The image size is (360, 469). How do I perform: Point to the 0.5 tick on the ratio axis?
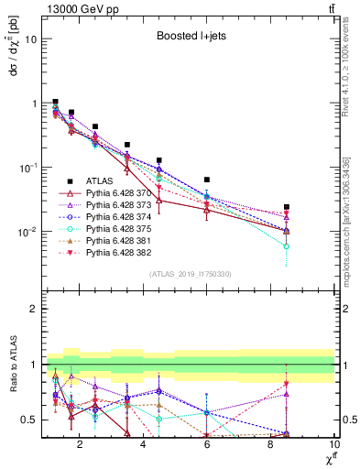click(x=27, y=420)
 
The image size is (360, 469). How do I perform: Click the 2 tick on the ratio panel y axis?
click(x=32, y=309)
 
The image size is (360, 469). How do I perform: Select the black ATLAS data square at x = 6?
click(x=207, y=180)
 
